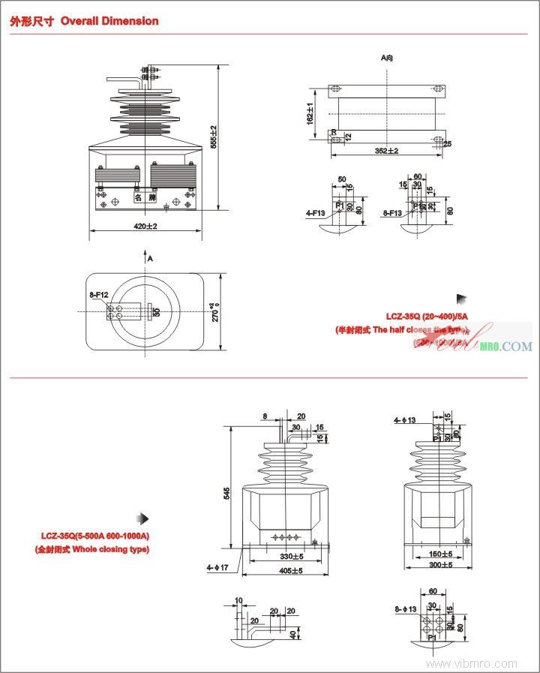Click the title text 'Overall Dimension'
pos(109,21)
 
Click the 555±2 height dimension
pos(213,137)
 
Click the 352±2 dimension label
pos(386,151)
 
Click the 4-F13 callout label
pos(316,213)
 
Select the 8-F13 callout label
pos(392,213)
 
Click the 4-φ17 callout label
pos(217,568)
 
